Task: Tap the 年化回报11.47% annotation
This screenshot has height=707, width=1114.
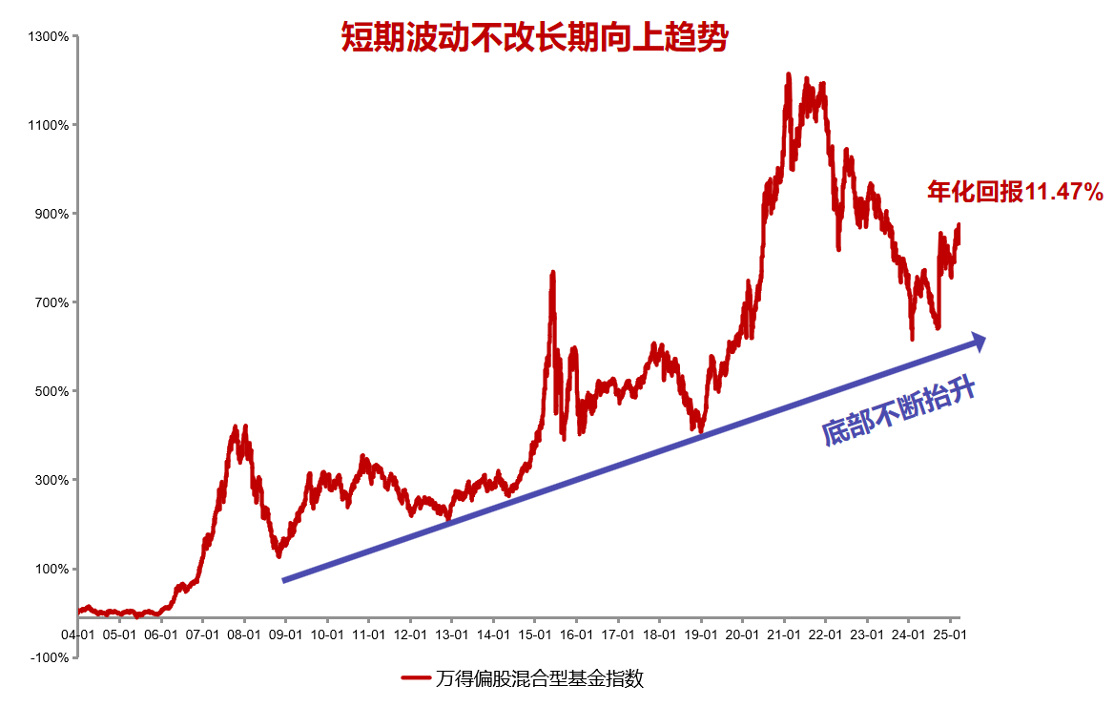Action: coord(1015,192)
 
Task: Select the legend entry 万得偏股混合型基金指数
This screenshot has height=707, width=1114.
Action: coord(539,678)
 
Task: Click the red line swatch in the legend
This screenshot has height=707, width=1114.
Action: coord(415,678)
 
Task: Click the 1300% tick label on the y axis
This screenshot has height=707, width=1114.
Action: coord(50,37)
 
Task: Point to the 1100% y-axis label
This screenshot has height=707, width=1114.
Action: coord(50,125)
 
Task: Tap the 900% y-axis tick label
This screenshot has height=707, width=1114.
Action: coord(52,214)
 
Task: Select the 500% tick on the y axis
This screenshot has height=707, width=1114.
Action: coord(52,391)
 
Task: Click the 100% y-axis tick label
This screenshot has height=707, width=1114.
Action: coord(52,569)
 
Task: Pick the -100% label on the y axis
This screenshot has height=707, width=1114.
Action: coord(50,657)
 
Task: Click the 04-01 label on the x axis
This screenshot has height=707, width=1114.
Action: coord(77,634)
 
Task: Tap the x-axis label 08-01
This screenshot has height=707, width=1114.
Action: coord(244,634)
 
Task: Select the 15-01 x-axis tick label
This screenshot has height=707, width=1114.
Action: coord(534,634)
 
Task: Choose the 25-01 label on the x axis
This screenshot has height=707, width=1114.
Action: coord(950,634)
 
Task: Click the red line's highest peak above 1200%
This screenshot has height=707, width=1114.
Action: coord(789,74)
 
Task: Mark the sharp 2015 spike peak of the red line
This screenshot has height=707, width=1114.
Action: coord(552,274)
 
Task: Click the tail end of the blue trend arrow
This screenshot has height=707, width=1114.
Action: coord(284,580)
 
